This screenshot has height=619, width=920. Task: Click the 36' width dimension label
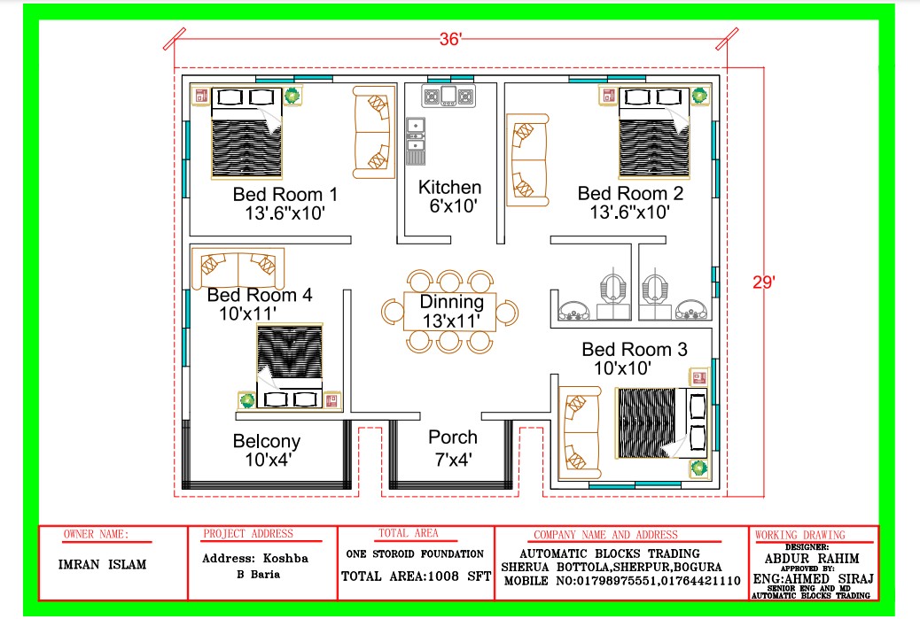[452, 39]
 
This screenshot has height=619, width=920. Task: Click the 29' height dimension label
[763, 282]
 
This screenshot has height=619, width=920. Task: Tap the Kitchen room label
[450, 188]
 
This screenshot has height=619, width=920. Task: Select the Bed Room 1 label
[285, 194]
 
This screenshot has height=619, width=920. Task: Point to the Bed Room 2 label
[629, 194]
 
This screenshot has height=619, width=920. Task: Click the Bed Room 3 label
[634, 350]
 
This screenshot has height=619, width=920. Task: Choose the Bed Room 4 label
[259, 295]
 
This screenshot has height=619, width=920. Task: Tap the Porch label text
[452, 437]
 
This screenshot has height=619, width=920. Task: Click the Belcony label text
[266, 441]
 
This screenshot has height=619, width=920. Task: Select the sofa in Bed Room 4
[237, 266]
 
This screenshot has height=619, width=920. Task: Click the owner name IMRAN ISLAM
[102, 565]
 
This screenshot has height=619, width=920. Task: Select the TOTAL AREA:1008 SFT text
[415, 576]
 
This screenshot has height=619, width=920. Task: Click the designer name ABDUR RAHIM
[814, 559]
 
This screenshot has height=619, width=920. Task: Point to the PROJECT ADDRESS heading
[248, 534]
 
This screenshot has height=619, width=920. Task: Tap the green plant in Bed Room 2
[699, 95]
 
